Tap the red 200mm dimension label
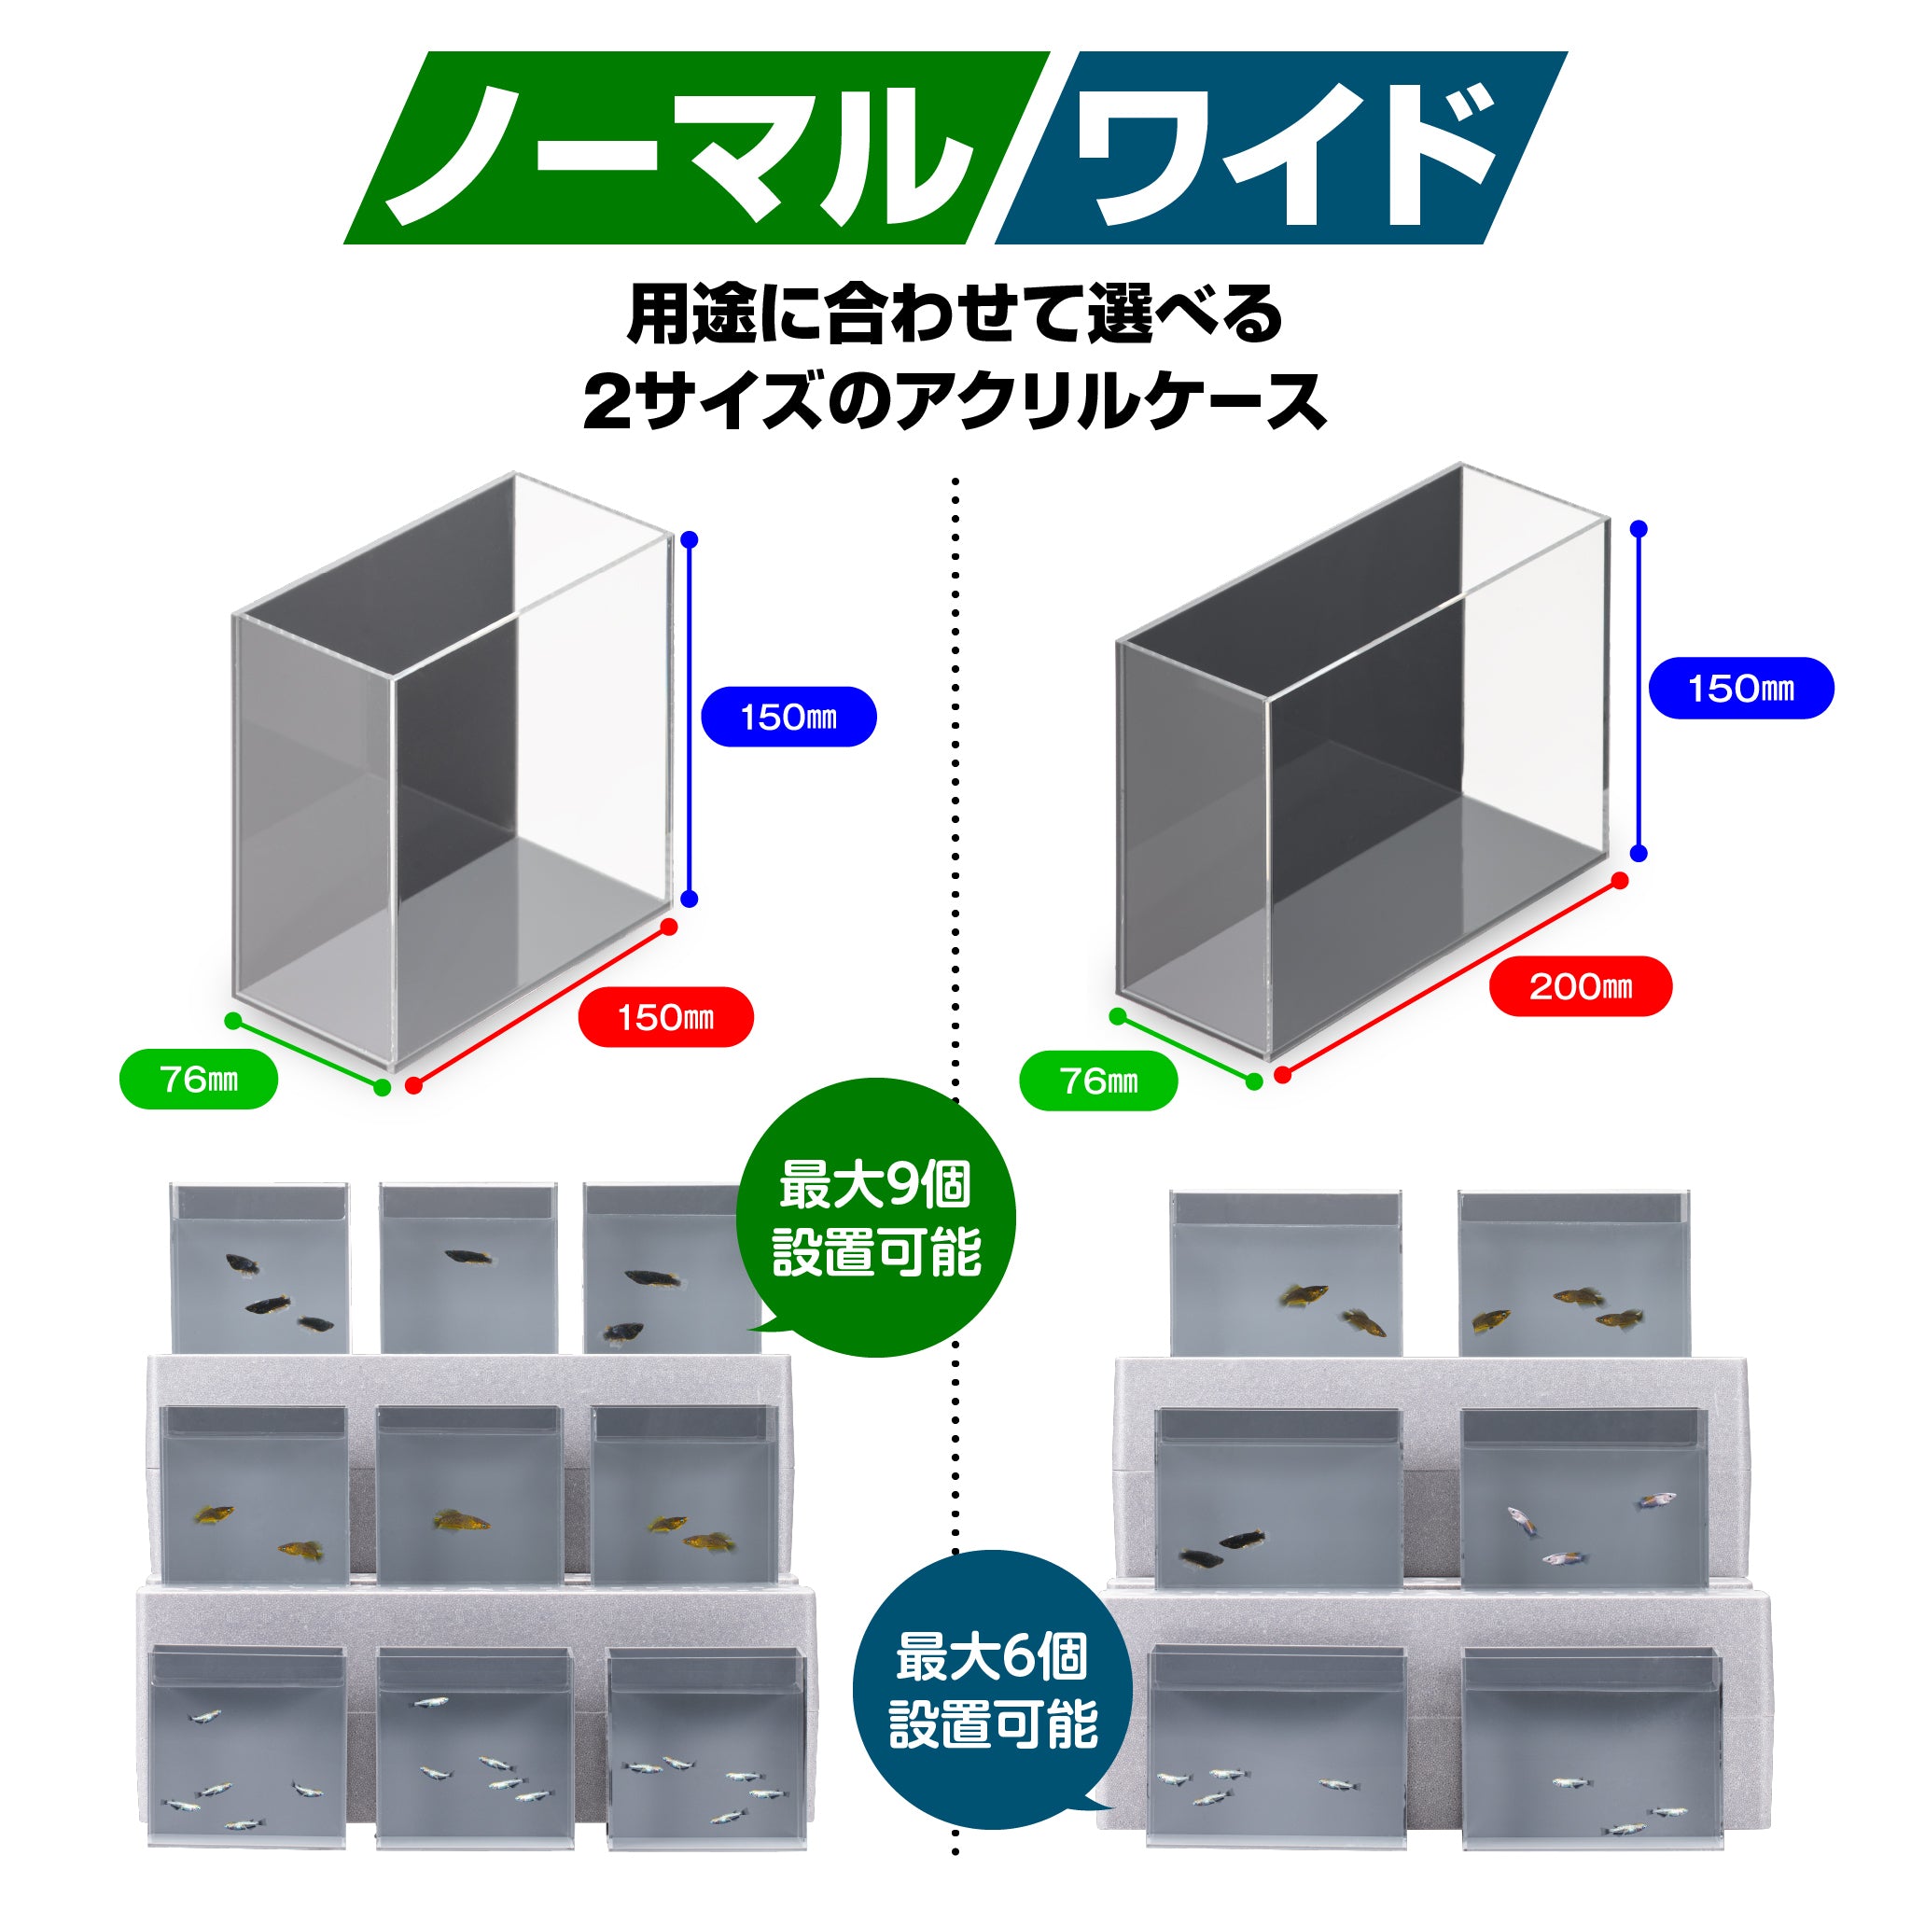1580,986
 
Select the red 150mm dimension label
664,1017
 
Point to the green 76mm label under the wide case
1098,1081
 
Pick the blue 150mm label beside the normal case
788,718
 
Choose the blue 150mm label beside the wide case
1740,689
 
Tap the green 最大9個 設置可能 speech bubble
876,1219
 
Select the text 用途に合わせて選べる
955,315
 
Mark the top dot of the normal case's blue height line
690,540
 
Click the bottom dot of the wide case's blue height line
1639,853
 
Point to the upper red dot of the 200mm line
1619,880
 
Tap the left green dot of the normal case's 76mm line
233,1021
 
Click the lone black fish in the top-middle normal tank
467,1257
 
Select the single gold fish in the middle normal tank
461,1519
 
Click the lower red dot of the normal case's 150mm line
414,1085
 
